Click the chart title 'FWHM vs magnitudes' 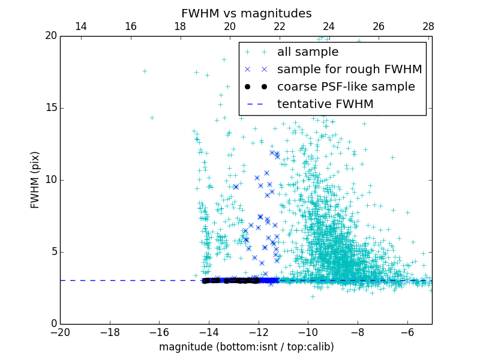[x=246, y=13]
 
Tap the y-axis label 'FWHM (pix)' [x=35, y=179]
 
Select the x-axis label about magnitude [x=246, y=347]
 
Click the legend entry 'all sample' [x=307, y=52]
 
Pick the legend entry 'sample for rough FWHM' [x=349, y=69]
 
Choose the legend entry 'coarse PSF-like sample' [x=346, y=86]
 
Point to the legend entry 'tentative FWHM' [x=325, y=104]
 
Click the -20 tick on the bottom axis [x=60, y=332]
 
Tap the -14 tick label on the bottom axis [x=209, y=332]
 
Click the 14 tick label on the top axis [x=80, y=26]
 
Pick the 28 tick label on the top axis [x=428, y=26]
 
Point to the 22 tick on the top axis [x=279, y=26]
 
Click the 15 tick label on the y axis [x=50, y=108]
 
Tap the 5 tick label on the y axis [x=53, y=252]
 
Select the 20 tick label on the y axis [x=50, y=36]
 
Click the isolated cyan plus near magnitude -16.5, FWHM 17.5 [x=145, y=71]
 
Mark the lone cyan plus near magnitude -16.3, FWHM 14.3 [x=152, y=118]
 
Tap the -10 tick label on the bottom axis [x=308, y=332]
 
